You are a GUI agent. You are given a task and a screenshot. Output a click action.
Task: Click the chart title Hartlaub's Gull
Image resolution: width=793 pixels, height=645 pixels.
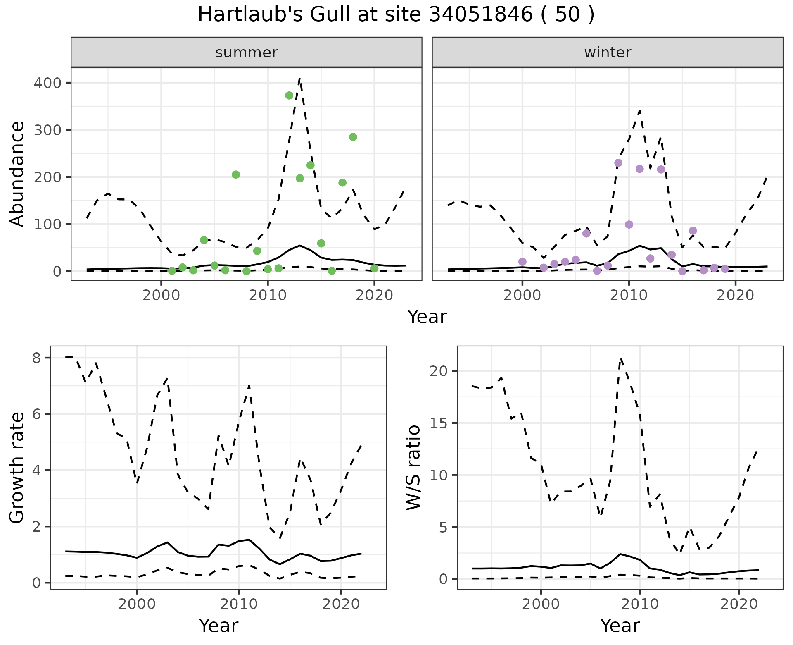coord(396,15)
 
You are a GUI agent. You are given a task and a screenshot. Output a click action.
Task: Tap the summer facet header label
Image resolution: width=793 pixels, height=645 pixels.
coord(247,53)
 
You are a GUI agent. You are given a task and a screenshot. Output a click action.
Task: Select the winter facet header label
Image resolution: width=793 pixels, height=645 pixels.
coord(608,53)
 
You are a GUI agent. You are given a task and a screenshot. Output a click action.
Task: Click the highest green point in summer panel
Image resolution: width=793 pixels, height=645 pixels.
coord(289,96)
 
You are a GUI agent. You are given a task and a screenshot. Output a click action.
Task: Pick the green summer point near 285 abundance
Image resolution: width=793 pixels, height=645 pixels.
coord(353,137)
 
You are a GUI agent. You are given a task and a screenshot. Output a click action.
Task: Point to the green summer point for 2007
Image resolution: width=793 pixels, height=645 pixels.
coord(236,174)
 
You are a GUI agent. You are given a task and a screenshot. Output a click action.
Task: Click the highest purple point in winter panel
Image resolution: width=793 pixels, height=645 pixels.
coord(618,163)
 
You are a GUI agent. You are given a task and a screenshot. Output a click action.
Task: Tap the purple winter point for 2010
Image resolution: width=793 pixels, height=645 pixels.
coord(629,225)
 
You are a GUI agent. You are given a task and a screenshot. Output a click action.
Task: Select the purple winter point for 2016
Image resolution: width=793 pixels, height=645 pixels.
coord(693,231)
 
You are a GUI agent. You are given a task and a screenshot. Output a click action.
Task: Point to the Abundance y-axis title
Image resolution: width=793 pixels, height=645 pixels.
coord(17,174)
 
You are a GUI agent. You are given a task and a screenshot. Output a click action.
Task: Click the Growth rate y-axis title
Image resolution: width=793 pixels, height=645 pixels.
coord(17,468)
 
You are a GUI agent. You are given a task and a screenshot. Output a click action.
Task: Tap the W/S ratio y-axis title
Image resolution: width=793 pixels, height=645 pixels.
coord(413,468)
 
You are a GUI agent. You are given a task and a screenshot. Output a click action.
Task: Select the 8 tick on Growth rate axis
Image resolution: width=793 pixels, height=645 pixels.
coord(37,358)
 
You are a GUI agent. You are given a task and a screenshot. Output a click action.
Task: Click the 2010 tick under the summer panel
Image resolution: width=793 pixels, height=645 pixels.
coord(268,296)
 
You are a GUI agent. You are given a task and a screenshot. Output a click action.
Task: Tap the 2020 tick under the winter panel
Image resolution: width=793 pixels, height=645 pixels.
coord(735,296)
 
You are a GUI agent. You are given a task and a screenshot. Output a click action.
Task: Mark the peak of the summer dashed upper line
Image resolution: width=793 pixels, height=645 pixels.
coord(300,79)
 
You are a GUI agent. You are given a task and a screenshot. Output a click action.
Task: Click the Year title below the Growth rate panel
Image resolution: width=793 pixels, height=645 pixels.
coord(218,626)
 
